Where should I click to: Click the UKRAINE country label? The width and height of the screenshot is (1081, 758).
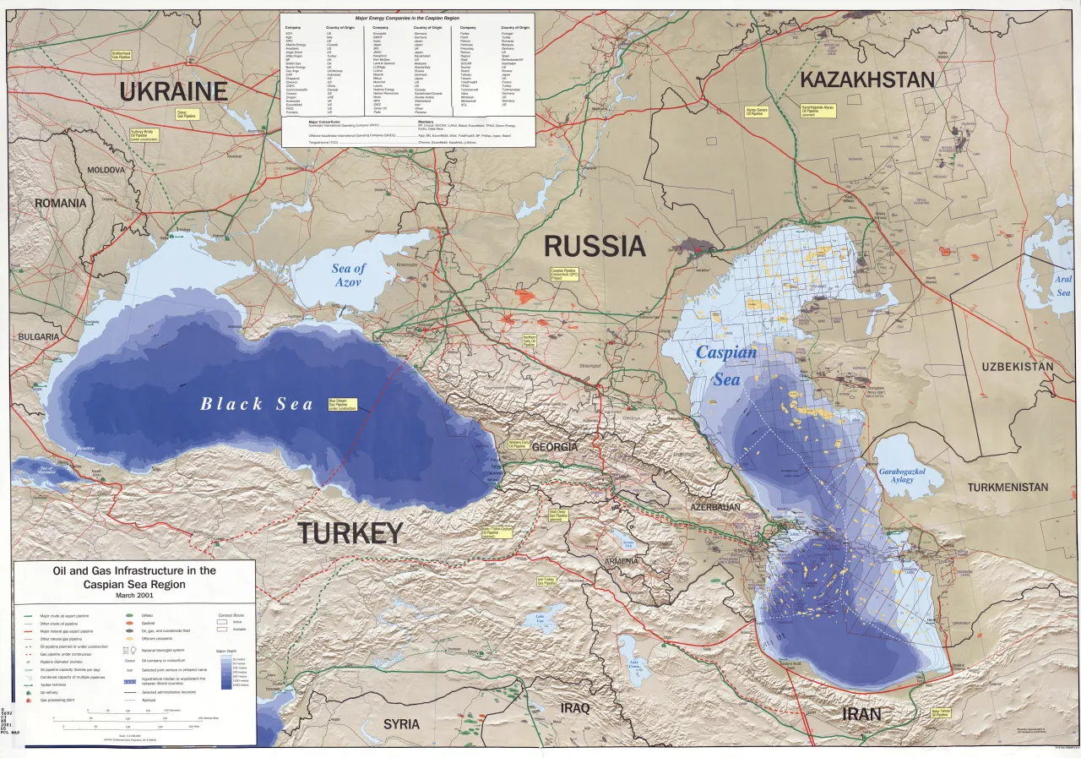coord(173,91)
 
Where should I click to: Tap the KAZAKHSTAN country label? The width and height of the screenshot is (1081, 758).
coord(866,80)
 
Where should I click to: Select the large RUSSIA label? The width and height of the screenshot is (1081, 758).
coord(595,246)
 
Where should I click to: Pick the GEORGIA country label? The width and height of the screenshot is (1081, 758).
coord(555,446)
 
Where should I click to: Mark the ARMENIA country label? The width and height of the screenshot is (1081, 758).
coord(622,561)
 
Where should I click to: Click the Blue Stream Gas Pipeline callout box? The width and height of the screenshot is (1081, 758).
coord(342,404)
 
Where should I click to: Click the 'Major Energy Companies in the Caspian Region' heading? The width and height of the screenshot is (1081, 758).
coord(409,17)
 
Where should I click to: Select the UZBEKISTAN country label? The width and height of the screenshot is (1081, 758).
coord(1017,367)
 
